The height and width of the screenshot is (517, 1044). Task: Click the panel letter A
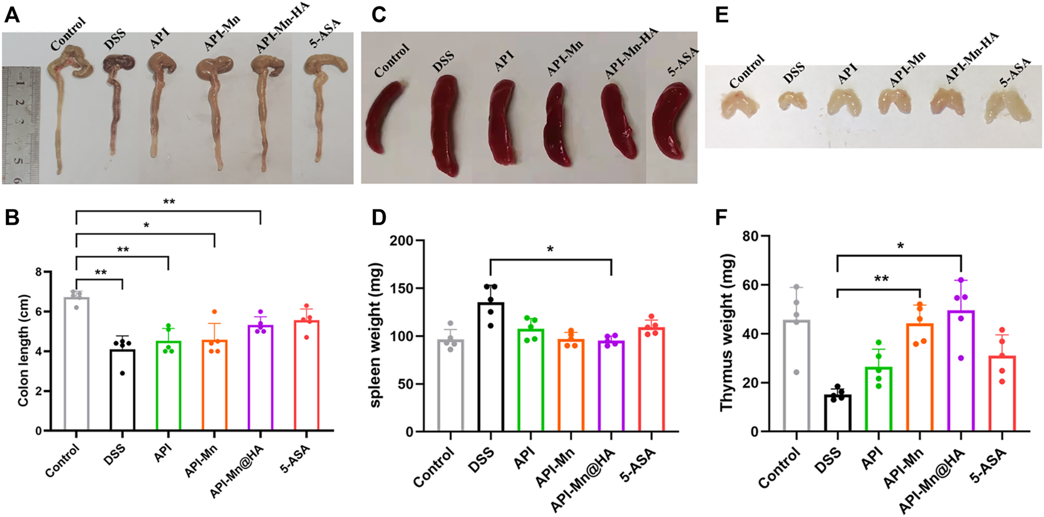12,14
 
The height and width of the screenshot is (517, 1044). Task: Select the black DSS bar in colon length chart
123,389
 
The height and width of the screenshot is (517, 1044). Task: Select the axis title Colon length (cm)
23,353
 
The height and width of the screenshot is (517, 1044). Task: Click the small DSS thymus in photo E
791,100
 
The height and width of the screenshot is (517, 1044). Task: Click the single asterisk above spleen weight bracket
550,249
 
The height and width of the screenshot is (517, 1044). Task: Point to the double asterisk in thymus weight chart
881,279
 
